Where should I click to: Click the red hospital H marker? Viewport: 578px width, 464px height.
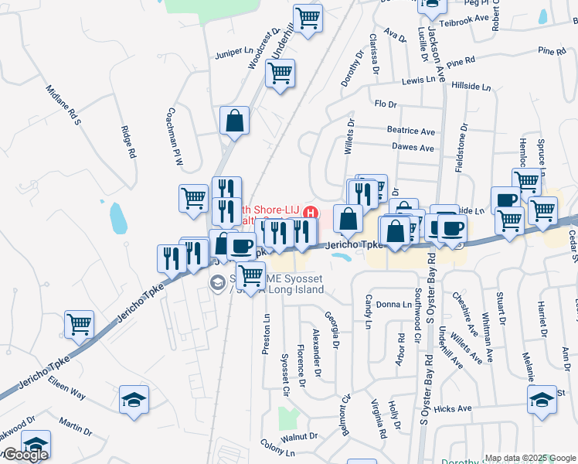pos(311,212)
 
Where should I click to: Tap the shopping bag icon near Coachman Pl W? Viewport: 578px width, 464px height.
pos(233,121)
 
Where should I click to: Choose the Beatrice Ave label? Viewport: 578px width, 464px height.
pos(411,131)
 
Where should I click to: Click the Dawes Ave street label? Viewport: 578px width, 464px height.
pos(413,147)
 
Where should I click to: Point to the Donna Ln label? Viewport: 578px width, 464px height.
pos(393,305)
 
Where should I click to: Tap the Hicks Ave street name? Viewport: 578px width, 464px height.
pos(453,408)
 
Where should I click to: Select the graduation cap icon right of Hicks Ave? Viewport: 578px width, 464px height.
pos(542,400)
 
